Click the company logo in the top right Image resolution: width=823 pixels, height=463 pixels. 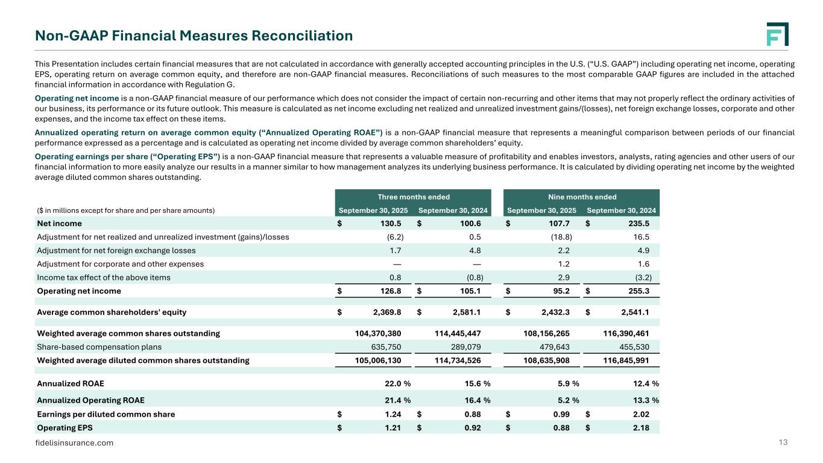tap(777, 34)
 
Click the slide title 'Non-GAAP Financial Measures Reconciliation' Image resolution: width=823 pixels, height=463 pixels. tap(194, 36)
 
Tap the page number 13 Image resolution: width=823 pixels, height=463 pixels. tap(784, 443)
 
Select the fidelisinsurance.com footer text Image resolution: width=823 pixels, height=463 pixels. tap(75, 443)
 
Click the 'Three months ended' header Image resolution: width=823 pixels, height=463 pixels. tap(414, 197)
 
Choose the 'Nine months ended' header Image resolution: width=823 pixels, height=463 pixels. tap(581, 197)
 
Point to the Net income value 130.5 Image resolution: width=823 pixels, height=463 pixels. tap(389, 223)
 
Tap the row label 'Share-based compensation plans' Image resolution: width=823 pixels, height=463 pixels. tap(99, 347)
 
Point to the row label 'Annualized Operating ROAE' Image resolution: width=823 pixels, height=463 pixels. tap(90, 400)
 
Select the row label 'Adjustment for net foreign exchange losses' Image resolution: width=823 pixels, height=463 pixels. tap(116, 250)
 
